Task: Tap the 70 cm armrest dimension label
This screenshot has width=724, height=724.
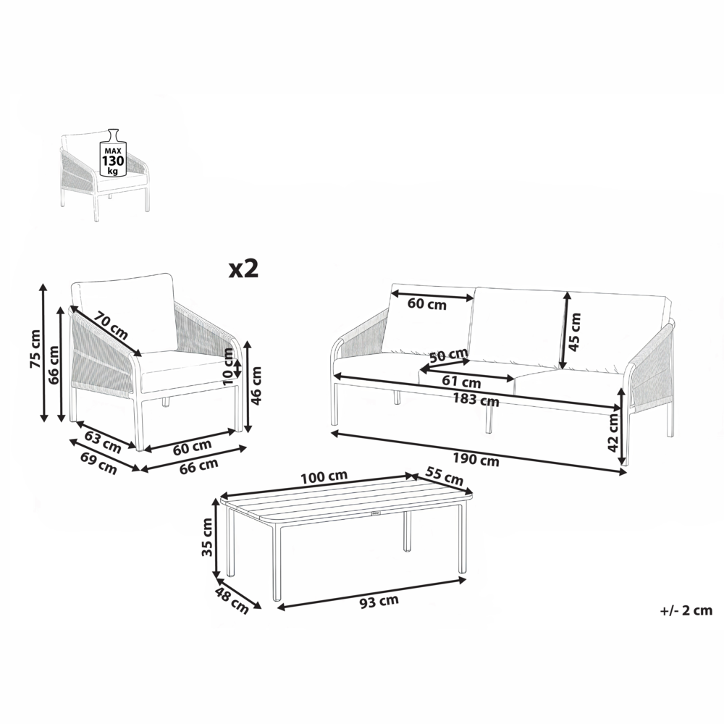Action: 111,327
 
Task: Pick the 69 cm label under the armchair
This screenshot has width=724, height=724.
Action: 98,460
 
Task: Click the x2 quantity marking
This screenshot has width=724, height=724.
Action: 243,269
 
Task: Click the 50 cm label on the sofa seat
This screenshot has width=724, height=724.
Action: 447,356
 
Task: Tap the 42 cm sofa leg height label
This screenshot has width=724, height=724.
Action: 615,433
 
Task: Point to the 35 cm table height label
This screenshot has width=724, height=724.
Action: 208,538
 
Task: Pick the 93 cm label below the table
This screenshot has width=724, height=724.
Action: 379,600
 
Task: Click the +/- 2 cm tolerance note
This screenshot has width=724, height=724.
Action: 686,610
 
